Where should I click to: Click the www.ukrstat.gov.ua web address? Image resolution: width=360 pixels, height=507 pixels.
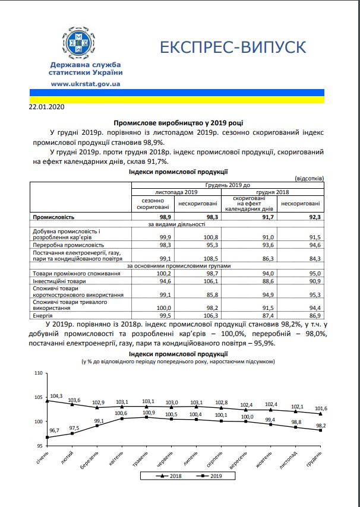[87, 84]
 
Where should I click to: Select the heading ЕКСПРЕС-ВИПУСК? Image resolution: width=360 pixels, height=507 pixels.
[233, 48]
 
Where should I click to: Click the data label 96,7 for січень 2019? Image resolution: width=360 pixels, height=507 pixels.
[55, 430]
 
